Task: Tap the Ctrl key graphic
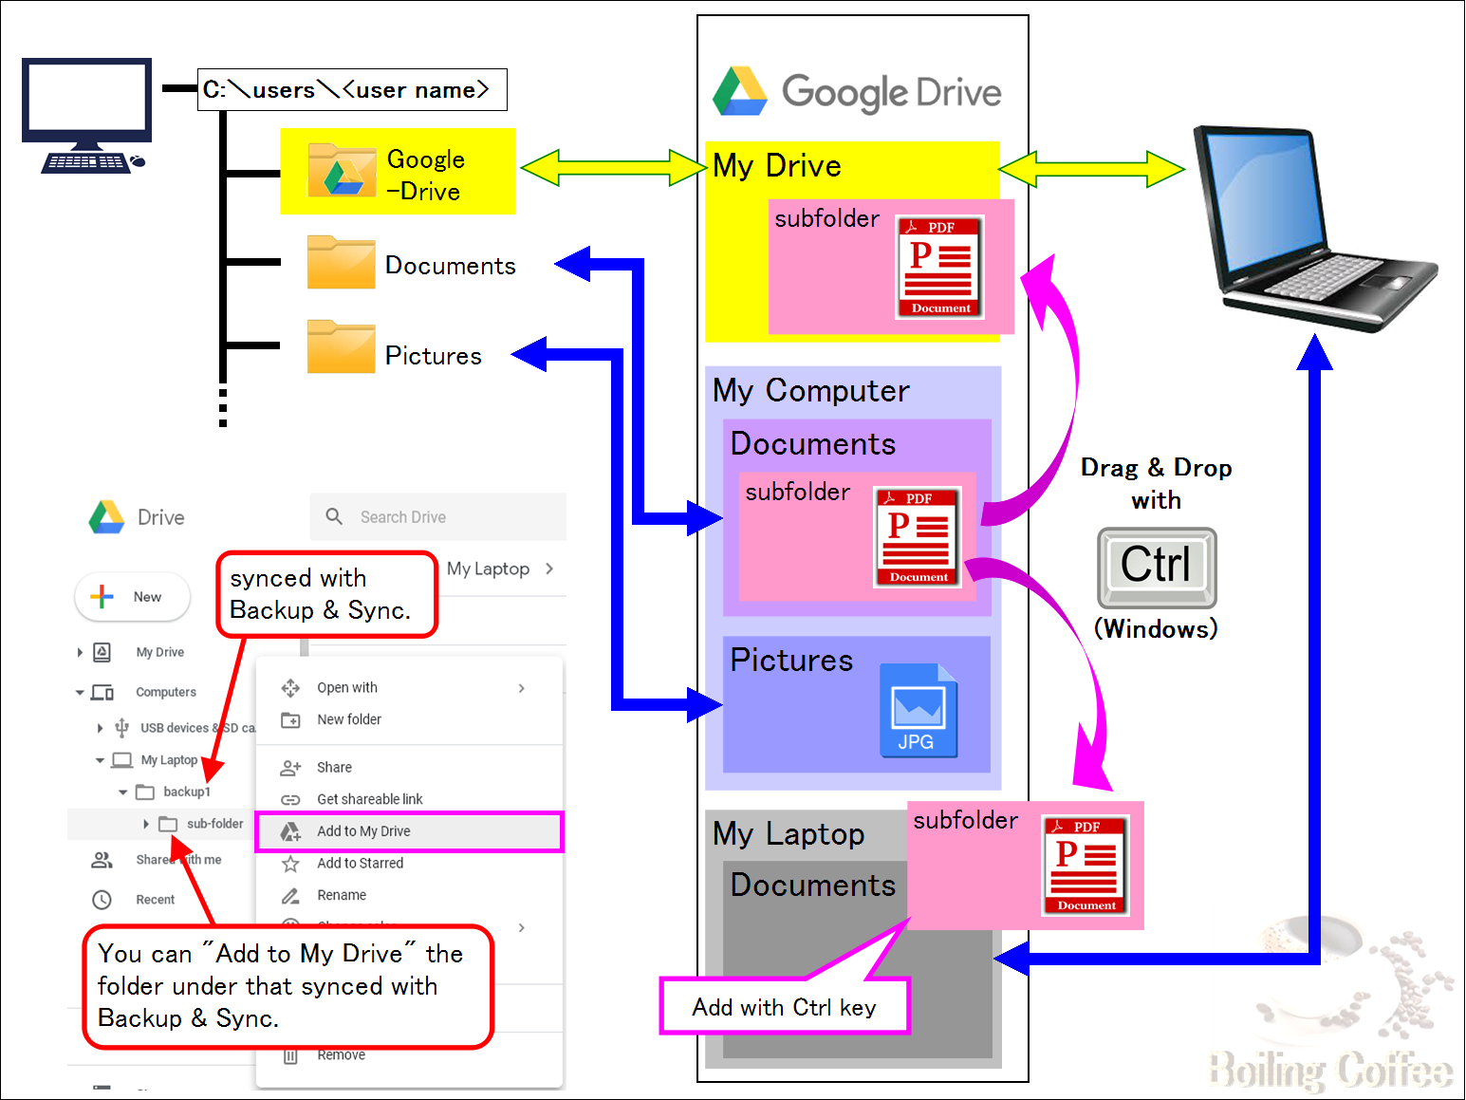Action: click(1157, 567)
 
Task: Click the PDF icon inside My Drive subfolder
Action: click(940, 267)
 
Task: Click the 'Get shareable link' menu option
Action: click(370, 799)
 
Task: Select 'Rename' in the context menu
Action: click(342, 895)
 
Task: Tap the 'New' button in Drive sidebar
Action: click(133, 597)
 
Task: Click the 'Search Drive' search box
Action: click(437, 517)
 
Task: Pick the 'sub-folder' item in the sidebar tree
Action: click(213, 824)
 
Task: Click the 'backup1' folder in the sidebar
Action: click(186, 792)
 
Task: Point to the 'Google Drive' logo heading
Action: click(859, 92)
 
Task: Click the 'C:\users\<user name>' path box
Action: click(352, 90)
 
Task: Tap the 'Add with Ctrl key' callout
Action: click(784, 1007)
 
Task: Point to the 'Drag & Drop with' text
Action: click(1156, 483)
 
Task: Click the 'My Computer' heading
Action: click(811, 391)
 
